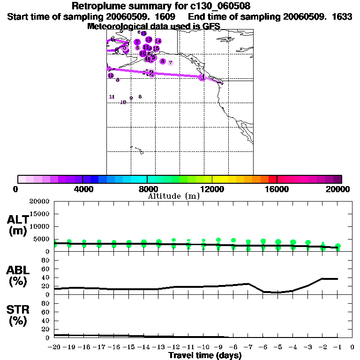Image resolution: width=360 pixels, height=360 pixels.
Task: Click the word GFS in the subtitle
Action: [x=211, y=26]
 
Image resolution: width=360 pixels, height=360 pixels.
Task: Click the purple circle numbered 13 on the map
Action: [x=149, y=39]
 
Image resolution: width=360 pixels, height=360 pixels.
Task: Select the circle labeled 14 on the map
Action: [x=158, y=41]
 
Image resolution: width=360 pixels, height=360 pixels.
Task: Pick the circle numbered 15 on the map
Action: [x=156, y=48]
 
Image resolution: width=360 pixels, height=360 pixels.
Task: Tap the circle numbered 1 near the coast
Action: [x=203, y=77]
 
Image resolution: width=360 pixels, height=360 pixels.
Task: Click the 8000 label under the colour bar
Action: [x=147, y=189]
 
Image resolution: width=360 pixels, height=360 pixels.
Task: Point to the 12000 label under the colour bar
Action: [x=212, y=189]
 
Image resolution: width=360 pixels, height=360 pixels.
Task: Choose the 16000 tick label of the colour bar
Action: [x=277, y=189]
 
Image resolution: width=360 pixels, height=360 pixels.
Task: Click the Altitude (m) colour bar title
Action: [x=173, y=196]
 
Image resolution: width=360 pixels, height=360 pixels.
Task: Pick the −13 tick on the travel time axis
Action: [x=159, y=347]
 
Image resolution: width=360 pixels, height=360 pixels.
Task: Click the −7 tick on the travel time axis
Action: [x=248, y=347]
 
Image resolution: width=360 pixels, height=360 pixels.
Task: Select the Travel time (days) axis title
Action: [x=205, y=355]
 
